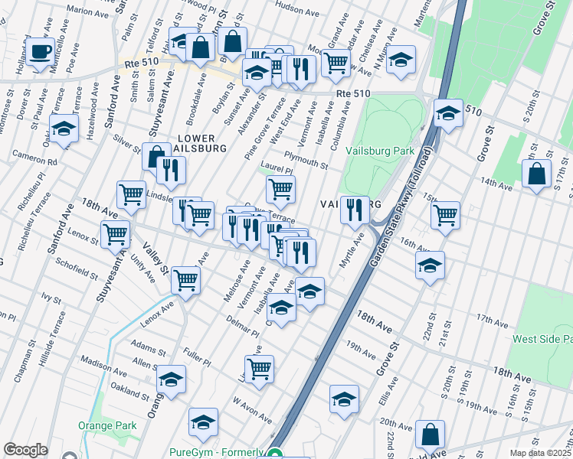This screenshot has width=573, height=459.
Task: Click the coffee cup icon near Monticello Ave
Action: pos(40,52)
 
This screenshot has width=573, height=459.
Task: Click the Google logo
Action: pos(25,450)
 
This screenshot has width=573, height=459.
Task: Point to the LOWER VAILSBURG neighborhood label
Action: pos(201,143)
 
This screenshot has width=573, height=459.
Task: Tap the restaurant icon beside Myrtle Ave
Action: pos(354,210)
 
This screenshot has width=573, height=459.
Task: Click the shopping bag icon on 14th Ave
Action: pos(537,173)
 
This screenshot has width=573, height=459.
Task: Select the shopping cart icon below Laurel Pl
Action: pos(281,190)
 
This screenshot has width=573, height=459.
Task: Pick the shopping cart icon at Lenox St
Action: pos(116,233)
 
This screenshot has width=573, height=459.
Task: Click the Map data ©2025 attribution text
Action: pos(540,453)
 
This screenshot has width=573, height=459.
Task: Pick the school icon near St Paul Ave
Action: pos(64,129)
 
